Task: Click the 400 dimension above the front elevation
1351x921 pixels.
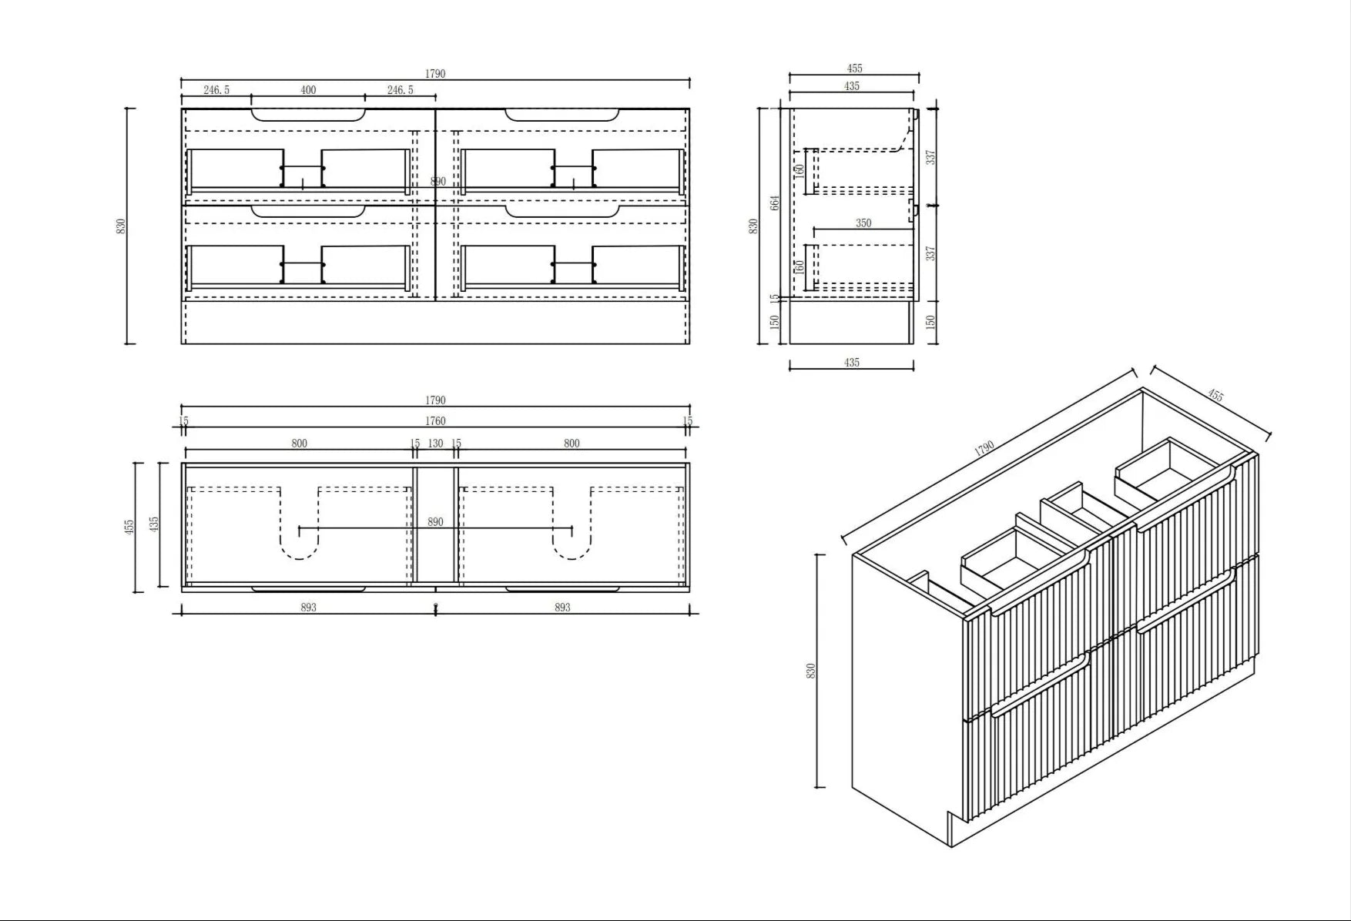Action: [x=308, y=90]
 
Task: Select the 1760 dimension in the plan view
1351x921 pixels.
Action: [x=435, y=421]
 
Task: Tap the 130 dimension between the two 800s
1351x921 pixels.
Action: [x=435, y=444]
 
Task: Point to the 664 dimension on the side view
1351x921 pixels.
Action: [x=775, y=203]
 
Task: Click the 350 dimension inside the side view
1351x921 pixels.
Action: [x=863, y=223]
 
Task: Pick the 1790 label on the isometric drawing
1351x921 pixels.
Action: [x=984, y=448]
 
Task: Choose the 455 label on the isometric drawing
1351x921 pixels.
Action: [x=1215, y=396]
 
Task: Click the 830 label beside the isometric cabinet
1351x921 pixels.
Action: [x=810, y=671]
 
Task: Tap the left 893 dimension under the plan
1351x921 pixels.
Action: [x=308, y=608]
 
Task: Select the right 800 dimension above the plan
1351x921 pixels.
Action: [x=572, y=444]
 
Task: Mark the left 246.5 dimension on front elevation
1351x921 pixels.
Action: [x=216, y=90]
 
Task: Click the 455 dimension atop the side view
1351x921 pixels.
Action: [x=854, y=69]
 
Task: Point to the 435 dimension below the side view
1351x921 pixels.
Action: [x=851, y=363]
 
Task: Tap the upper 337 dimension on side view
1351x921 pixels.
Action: [x=930, y=157]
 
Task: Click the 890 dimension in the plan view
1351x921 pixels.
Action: [x=435, y=522]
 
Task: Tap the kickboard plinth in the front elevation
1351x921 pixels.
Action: [x=435, y=323]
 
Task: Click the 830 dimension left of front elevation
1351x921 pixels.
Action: [x=120, y=226]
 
